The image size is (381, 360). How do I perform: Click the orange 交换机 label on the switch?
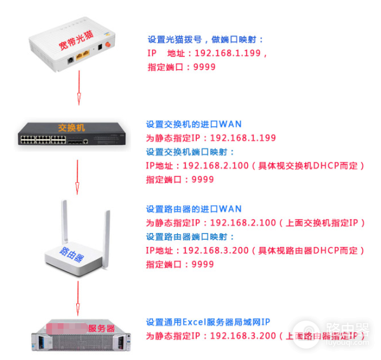(x=71, y=128)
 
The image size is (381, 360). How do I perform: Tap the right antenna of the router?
(x=106, y=232)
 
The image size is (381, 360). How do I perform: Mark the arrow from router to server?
(x=78, y=298)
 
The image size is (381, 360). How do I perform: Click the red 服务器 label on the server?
(x=101, y=328)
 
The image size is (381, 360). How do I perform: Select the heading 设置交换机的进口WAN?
(x=194, y=124)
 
